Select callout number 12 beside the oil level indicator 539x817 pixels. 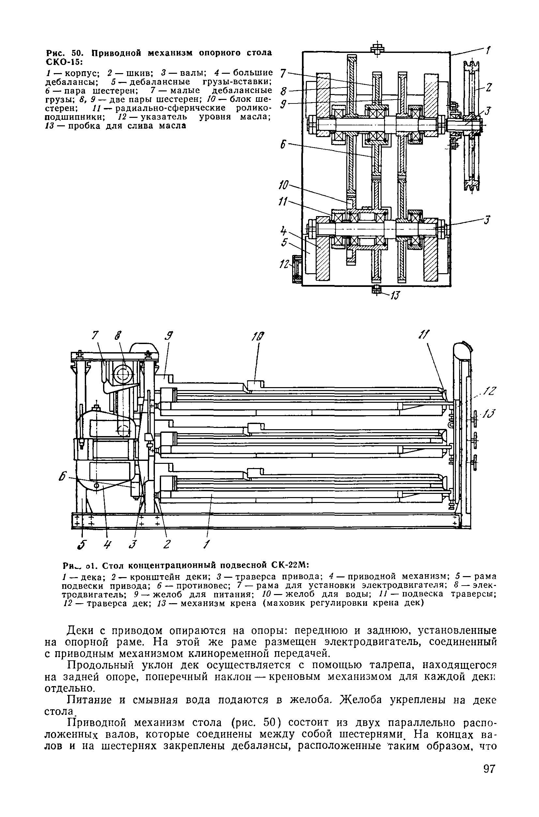pyautogui.click(x=284, y=264)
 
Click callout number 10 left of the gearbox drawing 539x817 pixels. pyautogui.click(x=284, y=186)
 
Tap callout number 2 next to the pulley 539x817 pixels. pyautogui.click(x=488, y=88)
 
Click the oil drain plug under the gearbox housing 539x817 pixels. pyautogui.click(x=377, y=290)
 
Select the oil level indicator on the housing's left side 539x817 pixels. pyautogui.click(x=297, y=269)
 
